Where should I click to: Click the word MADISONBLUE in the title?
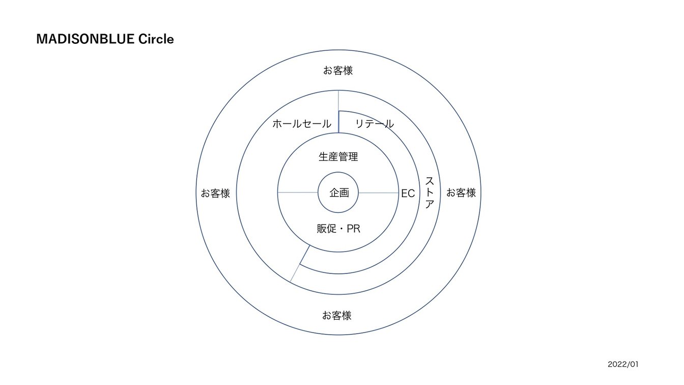(x=85, y=39)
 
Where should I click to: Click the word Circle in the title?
(x=156, y=39)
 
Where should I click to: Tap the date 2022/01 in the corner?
(x=623, y=364)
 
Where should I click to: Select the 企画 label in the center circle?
(x=339, y=193)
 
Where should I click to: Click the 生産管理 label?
(x=338, y=157)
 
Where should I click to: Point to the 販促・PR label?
(x=338, y=229)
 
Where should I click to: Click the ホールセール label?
(x=302, y=124)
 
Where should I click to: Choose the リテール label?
(x=375, y=124)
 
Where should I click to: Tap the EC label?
(x=408, y=194)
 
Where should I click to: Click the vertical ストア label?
(x=430, y=193)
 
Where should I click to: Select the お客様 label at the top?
(x=338, y=71)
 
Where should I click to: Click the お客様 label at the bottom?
(x=336, y=315)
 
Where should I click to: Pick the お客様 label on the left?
(x=215, y=193)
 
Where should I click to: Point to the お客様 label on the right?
(x=461, y=193)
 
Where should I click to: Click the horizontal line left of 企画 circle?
(x=298, y=193)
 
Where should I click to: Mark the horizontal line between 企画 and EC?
(x=379, y=193)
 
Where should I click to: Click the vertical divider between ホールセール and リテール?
(x=338, y=112)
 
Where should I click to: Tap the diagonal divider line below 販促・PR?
(x=300, y=263)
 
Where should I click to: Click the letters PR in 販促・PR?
(x=354, y=229)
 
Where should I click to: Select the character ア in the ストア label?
(x=430, y=204)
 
